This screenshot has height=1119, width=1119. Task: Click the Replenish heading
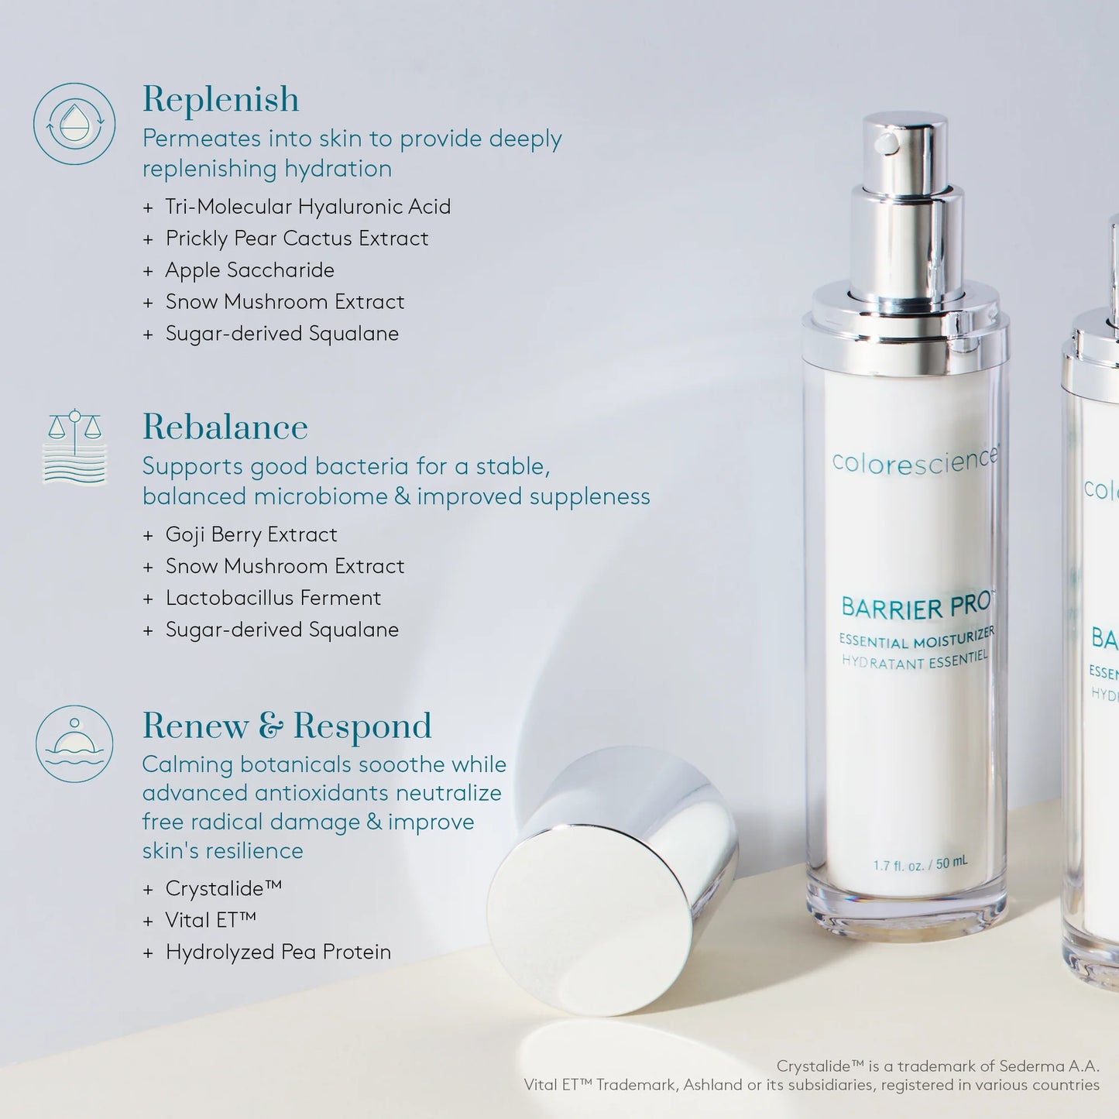click(221, 100)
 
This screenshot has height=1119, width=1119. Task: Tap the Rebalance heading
click(225, 427)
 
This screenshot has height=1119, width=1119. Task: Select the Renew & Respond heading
click(287, 726)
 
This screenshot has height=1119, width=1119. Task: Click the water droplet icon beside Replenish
click(74, 124)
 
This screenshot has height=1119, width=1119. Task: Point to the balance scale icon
click(74, 446)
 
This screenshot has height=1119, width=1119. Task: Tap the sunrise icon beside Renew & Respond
click(74, 743)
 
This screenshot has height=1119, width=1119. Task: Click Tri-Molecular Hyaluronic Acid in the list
click(307, 207)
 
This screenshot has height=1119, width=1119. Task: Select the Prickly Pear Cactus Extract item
click(297, 239)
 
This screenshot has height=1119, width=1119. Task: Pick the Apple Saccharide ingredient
click(249, 270)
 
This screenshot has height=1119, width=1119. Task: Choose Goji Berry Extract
click(251, 535)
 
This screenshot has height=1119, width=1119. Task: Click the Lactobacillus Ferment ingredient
click(273, 598)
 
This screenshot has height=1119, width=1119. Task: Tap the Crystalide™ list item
click(223, 888)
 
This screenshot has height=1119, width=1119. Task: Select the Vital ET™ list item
click(210, 920)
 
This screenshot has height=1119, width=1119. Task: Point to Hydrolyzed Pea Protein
click(278, 952)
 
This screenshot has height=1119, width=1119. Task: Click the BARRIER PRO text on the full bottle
click(915, 607)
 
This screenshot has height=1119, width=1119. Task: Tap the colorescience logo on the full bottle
click(915, 461)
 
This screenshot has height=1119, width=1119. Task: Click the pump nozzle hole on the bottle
click(887, 142)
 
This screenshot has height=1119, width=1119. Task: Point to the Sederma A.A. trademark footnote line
click(937, 1066)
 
